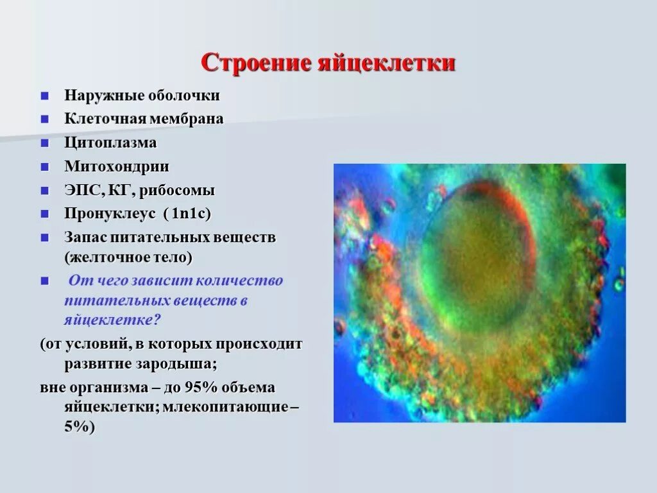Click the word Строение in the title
coord(257,64)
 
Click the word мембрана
coord(187,119)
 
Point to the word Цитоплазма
coord(110,143)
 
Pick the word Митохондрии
coord(117,167)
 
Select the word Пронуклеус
coord(110,214)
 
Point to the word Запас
coord(85,238)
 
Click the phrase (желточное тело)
coord(128,257)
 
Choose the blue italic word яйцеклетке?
coord(112,320)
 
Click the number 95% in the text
coord(201,387)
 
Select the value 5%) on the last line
coord(80,427)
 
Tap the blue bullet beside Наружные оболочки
coord(44,96)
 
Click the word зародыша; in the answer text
coord(176,364)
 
